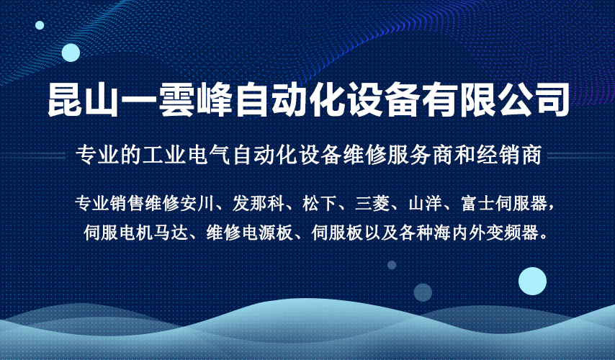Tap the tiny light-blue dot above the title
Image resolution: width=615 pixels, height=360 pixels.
40,25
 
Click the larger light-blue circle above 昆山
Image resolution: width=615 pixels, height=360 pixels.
71,53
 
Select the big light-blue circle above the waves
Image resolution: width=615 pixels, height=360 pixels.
532,282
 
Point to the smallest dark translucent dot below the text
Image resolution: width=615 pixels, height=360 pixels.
392,265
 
